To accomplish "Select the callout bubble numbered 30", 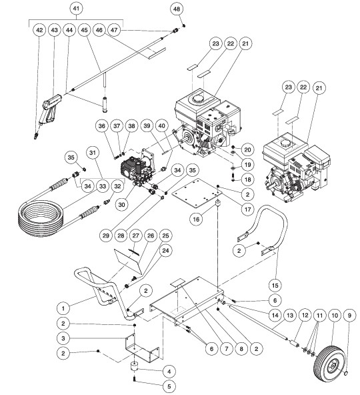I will pos(120,205).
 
